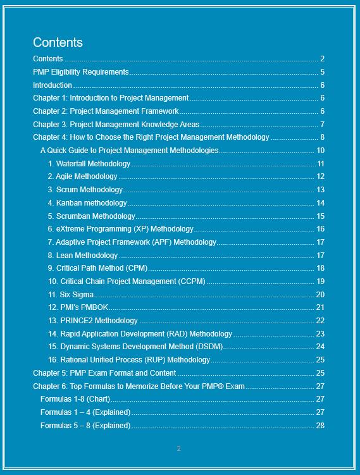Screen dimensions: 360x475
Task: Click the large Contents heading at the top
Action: click(58, 42)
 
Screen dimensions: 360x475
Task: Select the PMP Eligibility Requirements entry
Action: click(80, 72)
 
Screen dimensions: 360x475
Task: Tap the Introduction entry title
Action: click(53, 85)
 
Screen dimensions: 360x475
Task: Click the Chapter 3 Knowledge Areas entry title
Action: click(116, 125)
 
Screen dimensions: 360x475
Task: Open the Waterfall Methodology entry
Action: click(89, 164)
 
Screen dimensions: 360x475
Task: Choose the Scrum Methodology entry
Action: click(85, 190)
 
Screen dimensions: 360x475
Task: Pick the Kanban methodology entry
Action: click(87, 203)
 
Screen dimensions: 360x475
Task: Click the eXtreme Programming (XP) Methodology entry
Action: click(121, 229)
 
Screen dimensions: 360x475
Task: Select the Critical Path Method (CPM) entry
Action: click(97, 268)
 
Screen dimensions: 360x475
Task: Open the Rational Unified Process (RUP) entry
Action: click(129, 360)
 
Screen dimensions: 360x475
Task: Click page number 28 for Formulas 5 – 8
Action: click(320, 426)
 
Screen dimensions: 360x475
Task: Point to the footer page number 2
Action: click(178, 448)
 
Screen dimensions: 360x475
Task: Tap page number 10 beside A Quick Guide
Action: click(320, 151)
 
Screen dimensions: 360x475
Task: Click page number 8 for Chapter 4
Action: click(322, 137)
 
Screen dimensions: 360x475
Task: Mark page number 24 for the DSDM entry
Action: click(320, 347)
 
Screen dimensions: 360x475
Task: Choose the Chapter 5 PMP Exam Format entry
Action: click(104, 373)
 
